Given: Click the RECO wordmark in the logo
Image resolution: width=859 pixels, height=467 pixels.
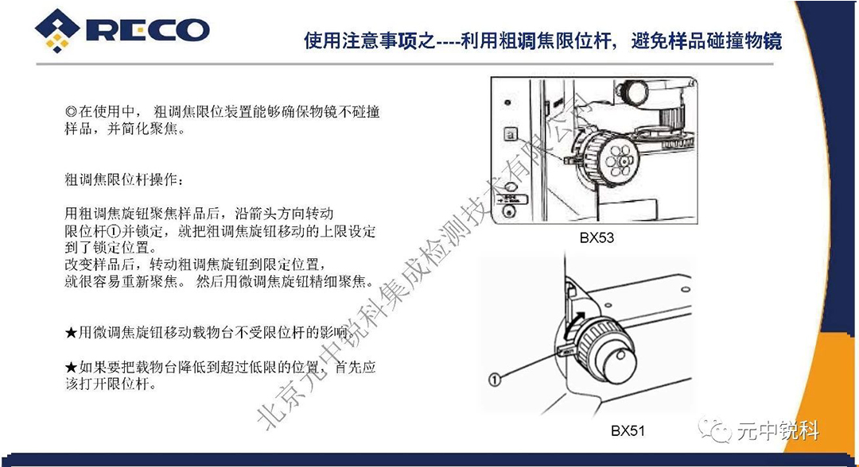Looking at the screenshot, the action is coord(147,29).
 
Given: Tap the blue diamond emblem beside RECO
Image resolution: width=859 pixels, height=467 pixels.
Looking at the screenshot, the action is coord(57,30).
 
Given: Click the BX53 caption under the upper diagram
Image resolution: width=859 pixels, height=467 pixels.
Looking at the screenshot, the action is coord(597,238).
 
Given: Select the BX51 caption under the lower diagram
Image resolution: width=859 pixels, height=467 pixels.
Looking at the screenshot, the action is coord(628,431).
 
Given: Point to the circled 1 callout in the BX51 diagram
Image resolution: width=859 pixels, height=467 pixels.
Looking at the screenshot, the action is coord(494,379).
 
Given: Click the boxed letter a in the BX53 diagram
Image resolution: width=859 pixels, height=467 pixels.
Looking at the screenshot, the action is coord(511,133).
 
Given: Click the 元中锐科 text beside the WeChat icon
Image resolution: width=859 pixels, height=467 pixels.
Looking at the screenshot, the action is coord(778,431).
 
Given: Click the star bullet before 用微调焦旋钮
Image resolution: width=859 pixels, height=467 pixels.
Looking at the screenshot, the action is coord(72,332).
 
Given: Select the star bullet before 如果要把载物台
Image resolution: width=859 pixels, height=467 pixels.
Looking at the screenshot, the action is coord(72,368).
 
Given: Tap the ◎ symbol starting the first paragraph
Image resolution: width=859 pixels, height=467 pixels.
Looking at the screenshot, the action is coord(72,112).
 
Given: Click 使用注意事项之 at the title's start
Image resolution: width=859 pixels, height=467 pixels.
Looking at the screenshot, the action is coord(370,41).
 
